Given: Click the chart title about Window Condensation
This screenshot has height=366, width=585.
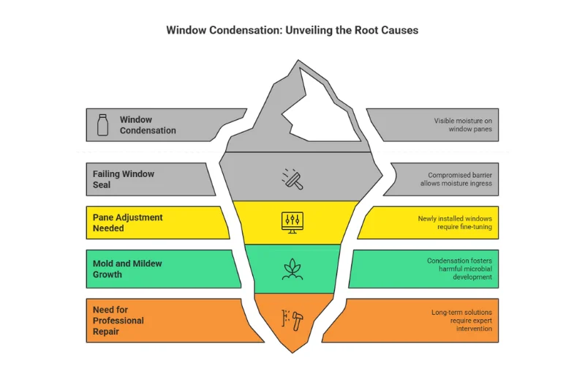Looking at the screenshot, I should (292, 31).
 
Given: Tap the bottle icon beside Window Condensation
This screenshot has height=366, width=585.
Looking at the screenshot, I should (103, 125).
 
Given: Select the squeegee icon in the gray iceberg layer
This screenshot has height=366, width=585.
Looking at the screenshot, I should (292, 177).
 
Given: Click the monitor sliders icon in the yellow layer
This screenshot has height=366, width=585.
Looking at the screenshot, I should (292, 221).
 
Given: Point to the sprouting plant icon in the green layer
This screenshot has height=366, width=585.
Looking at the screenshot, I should (292, 269).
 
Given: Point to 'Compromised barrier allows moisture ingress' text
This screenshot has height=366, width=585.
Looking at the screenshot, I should (458, 179).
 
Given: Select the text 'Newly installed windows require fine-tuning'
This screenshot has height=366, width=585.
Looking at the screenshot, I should (455, 223).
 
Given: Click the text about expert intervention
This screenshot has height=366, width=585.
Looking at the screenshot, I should (461, 321).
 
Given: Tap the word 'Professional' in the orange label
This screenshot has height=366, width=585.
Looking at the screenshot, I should (118, 321).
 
